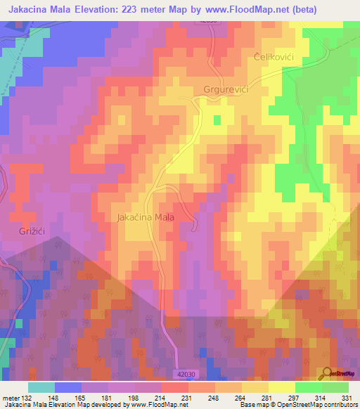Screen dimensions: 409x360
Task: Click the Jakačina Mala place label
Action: tap(155, 218)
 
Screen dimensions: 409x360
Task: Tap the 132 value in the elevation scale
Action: tap(27, 398)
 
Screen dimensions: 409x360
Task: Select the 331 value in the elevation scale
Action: tap(347, 398)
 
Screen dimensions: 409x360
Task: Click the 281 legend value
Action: tap(267, 398)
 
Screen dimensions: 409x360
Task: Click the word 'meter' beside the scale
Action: tap(10, 398)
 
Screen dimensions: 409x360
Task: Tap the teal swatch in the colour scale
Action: tap(41, 387)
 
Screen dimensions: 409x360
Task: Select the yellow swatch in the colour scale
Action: tap(282, 387)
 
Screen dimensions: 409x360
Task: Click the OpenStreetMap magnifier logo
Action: tap(327, 373)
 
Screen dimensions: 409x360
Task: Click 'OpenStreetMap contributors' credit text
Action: tap(327, 405)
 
